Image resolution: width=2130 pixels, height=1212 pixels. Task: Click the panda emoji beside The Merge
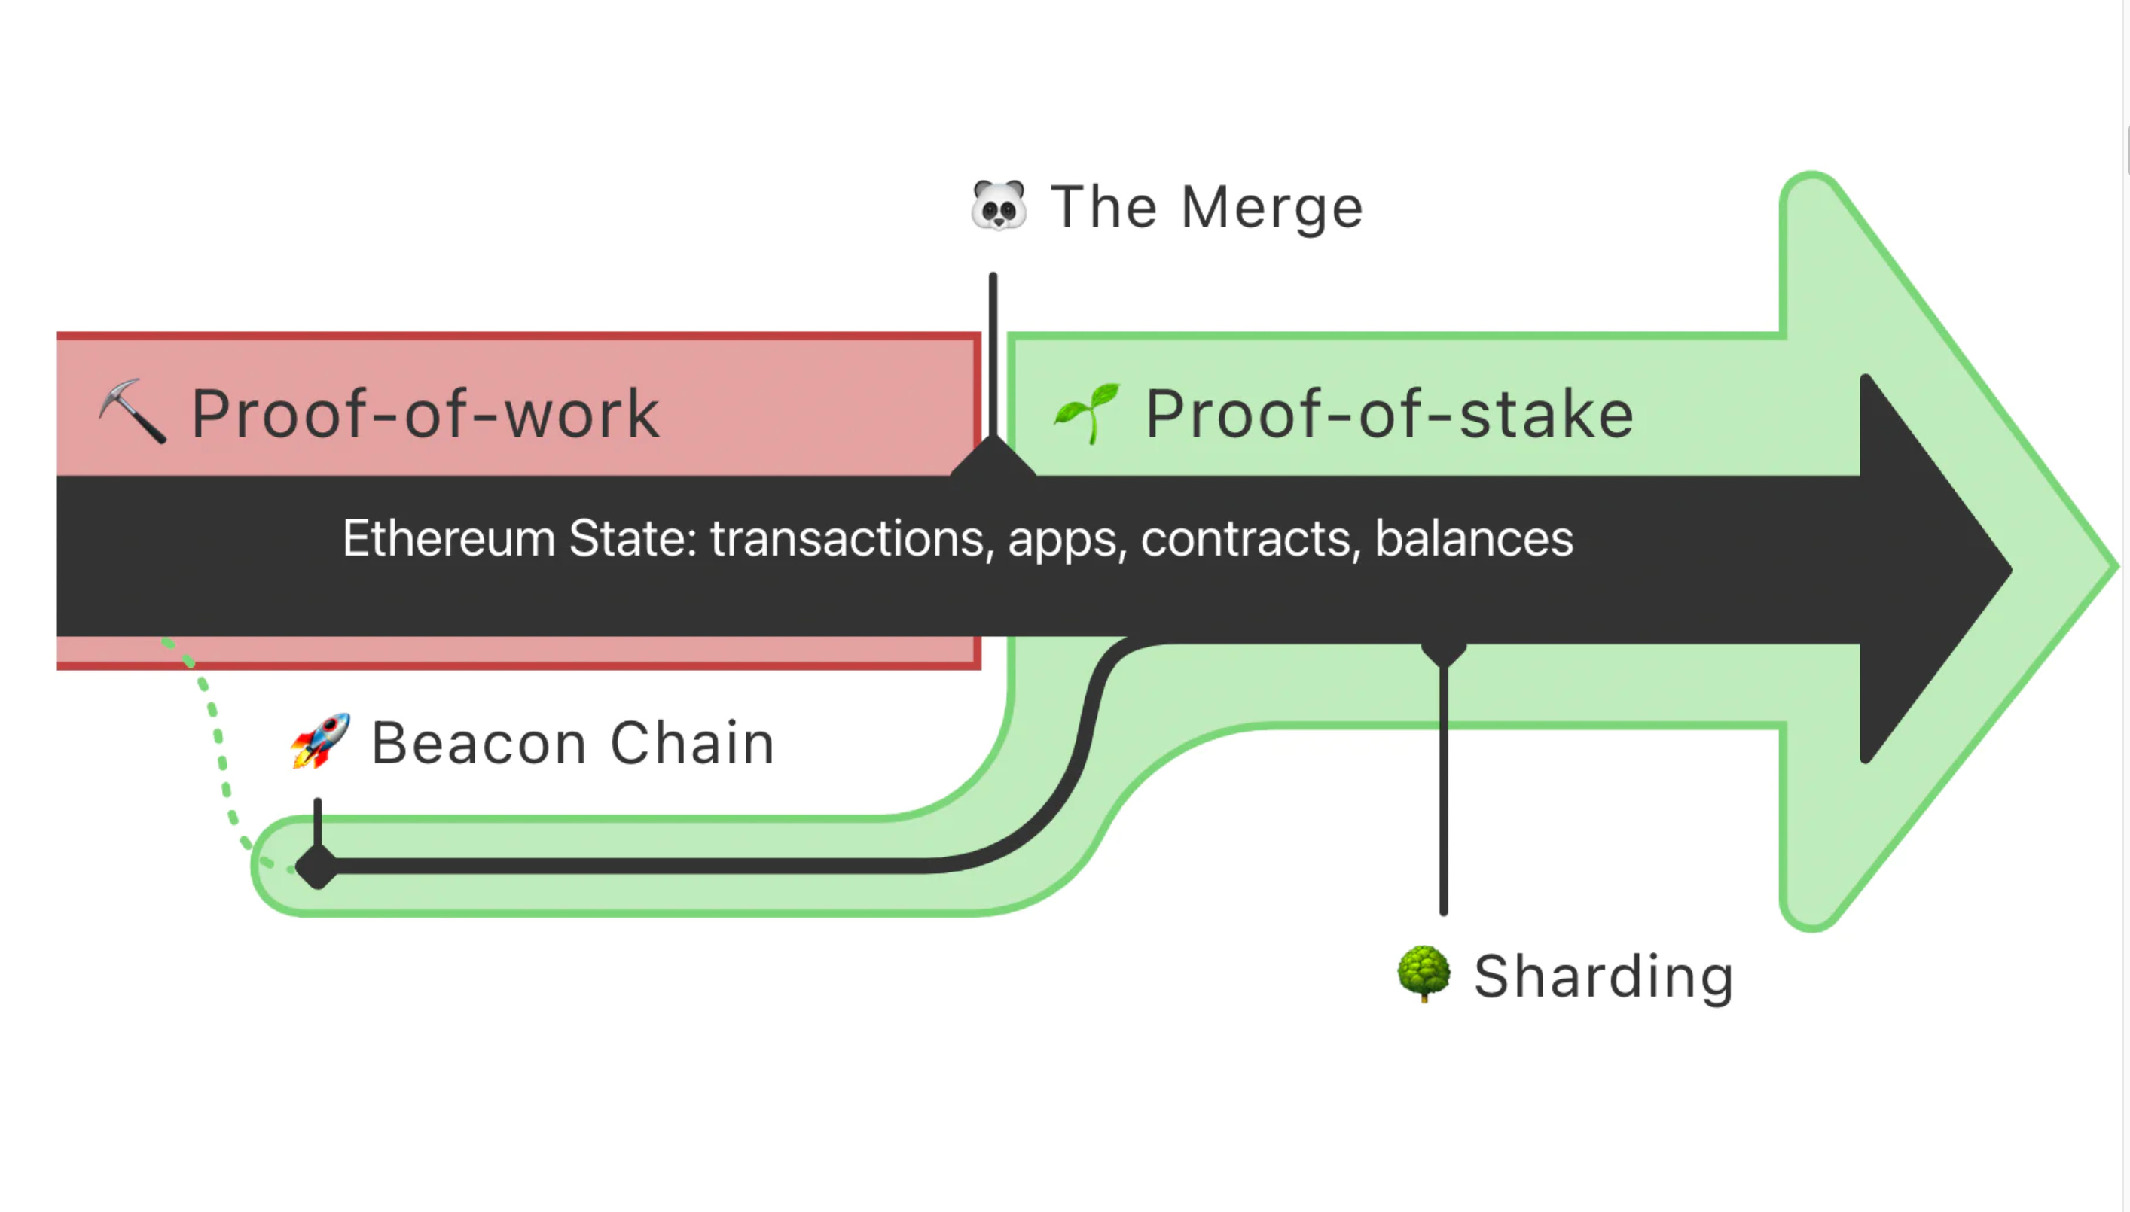coord(999,205)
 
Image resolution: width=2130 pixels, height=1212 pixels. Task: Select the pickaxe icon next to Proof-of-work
coord(132,411)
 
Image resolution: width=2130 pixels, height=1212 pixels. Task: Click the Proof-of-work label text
coord(426,414)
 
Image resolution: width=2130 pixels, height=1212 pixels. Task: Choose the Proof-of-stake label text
coord(1389,414)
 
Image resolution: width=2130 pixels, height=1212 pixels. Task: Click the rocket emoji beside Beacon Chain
coord(321,740)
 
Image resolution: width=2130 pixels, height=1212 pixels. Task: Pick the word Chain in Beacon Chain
coord(692,742)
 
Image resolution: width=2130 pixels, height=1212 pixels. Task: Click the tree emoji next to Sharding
coord(1423,974)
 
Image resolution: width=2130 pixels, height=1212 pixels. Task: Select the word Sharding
coord(1604,976)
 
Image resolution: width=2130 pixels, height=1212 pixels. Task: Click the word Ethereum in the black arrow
coord(449,538)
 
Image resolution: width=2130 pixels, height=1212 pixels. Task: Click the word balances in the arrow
coord(1473,538)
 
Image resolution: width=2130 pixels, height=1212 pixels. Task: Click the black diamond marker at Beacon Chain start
coord(317,867)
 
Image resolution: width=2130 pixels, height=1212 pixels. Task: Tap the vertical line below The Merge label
coord(993,349)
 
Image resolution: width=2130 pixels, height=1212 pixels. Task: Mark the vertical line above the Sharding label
coord(1443,790)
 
